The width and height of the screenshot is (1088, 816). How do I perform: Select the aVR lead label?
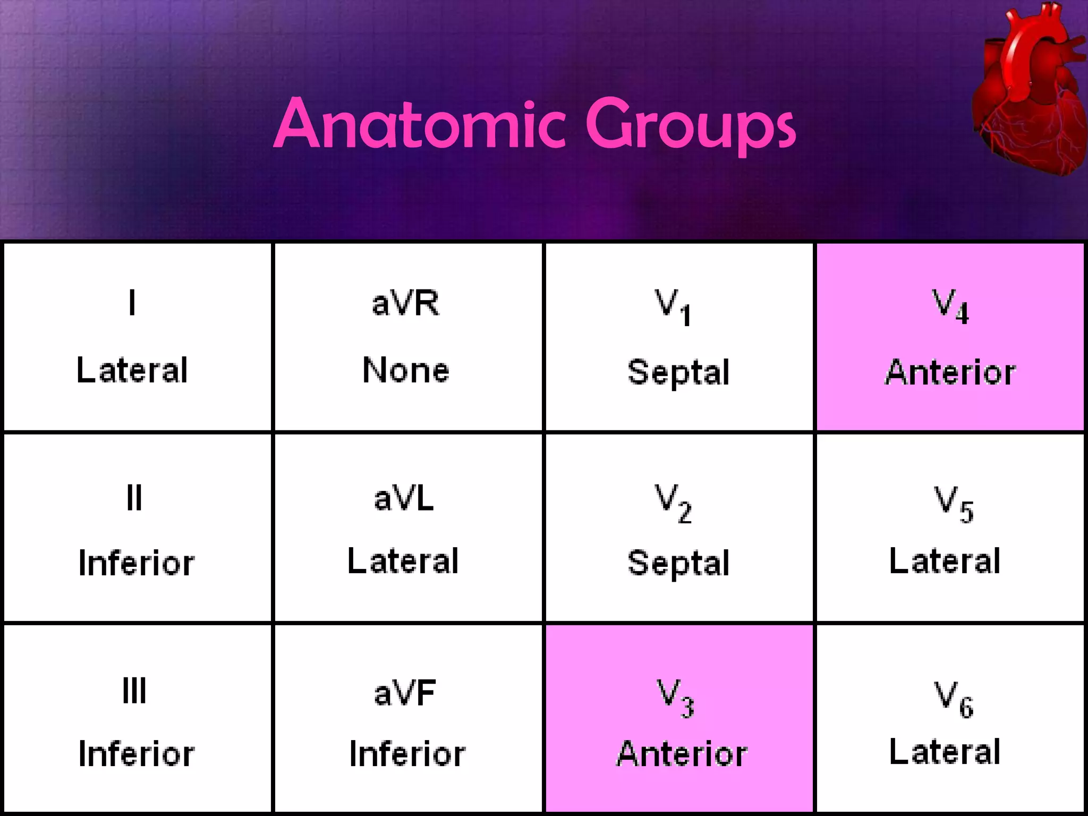tap(405, 303)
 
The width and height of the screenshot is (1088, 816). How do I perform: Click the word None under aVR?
tap(406, 370)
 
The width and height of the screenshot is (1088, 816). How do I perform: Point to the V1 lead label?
tap(673, 306)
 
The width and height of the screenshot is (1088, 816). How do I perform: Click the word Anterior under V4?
tap(950, 372)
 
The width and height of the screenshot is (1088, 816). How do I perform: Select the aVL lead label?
tap(404, 499)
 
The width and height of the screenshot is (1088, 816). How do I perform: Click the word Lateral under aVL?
tap(403, 561)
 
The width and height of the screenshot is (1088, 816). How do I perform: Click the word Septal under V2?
tap(678, 564)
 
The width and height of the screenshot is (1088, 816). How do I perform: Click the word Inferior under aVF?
tap(407, 754)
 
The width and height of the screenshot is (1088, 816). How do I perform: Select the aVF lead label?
tap(405, 693)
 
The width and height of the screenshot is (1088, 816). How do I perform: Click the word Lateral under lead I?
tap(132, 370)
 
